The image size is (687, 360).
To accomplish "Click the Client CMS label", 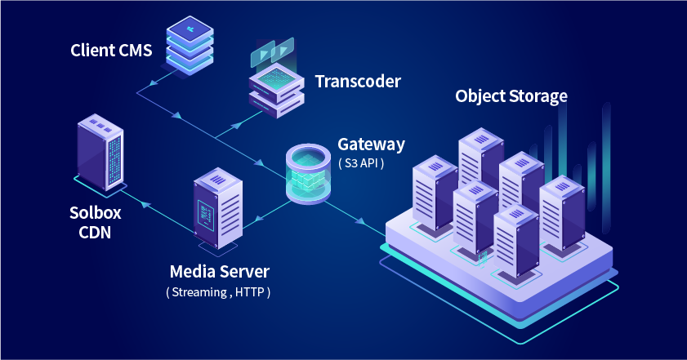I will (111, 51).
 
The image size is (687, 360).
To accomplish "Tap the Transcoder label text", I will (358, 82).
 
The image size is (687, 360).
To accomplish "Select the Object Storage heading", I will (511, 96).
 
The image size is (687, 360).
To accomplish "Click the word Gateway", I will (371, 144).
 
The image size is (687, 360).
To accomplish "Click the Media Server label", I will (219, 271).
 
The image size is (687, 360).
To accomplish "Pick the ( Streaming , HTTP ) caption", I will (218, 291).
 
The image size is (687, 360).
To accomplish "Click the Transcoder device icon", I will (276, 88).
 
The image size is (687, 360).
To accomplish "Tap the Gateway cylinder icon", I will (309, 173).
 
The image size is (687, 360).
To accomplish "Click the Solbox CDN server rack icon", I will (100, 151).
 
